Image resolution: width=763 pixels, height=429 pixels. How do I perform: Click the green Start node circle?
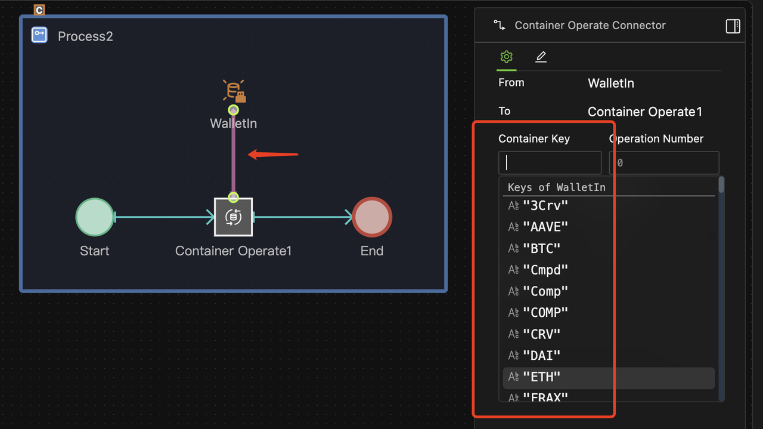coord(94,217)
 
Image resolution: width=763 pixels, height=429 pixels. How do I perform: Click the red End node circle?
coord(372,217)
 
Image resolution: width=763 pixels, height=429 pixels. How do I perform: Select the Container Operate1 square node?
coord(233,217)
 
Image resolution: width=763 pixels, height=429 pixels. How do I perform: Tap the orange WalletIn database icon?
coord(234,91)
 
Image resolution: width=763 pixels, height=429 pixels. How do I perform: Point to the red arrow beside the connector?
coord(272,155)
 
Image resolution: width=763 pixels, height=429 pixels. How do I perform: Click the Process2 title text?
coord(85,36)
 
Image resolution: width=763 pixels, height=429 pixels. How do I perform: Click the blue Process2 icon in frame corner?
coord(39,35)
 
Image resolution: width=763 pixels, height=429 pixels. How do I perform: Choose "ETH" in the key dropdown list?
coord(542,377)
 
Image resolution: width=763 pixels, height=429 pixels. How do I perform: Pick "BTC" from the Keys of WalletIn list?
coord(542,248)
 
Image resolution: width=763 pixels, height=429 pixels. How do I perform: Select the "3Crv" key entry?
coord(545,205)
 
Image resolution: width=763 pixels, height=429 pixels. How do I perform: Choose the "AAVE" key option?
coord(545,227)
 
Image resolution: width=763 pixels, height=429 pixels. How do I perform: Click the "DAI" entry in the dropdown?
coord(542,356)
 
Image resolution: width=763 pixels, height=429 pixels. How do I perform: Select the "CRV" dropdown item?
coord(542,334)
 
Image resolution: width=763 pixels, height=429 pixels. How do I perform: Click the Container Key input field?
coord(550,162)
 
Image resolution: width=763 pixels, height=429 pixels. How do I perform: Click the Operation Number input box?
coord(663,162)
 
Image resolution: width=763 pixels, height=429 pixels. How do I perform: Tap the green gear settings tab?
coord(506,57)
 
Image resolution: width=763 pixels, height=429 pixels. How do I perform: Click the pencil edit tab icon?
coord(541,57)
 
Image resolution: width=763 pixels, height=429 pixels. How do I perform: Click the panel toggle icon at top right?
coord(733,26)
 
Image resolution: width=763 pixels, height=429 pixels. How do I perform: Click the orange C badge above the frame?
coord(39,10)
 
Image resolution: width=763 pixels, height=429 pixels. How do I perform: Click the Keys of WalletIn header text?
coord(556,187)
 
